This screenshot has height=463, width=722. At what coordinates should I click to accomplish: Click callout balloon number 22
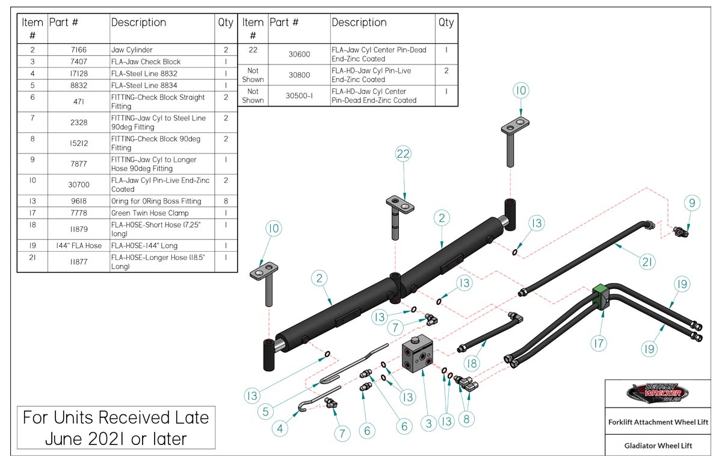[403, 155]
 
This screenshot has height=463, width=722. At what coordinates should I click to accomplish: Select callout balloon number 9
[692, 204]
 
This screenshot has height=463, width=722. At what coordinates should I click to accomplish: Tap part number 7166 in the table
[78, 50]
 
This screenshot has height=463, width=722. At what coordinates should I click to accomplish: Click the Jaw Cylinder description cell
[162, 50]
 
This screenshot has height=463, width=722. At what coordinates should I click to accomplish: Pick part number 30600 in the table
[298, 54]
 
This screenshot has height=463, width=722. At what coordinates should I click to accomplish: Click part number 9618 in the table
[78, 201]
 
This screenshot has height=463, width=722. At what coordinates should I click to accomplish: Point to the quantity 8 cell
[226, 201]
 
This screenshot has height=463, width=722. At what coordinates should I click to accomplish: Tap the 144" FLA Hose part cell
[78, 246]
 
